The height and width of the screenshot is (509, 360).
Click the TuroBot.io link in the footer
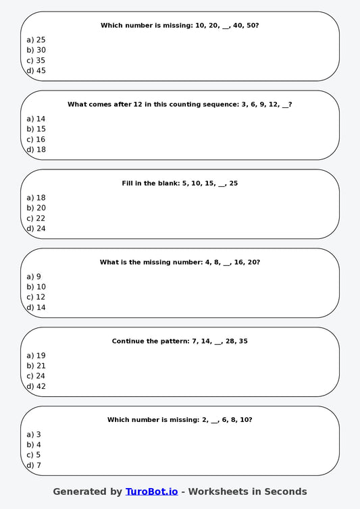click(x=151, y=491)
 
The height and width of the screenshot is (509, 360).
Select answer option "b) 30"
click(x=36, y=50)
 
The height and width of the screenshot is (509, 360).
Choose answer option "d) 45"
click(x=36, y=70)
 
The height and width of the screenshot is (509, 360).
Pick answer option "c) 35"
click(x=36, y=60)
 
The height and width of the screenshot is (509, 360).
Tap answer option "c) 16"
click(x=36, y=139)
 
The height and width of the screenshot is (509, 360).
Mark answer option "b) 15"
click(x=36, y=129)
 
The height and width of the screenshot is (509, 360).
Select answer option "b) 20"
click(x=36, y=208)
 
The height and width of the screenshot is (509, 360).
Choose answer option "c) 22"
click(x=36, y=218)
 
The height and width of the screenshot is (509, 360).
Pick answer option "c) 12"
click(x=36, y=297)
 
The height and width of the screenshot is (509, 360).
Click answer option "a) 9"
click(x=34, y=277)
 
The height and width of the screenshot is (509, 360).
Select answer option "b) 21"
click(x=36, y=366)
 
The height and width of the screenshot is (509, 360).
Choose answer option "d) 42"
click(x=36, y=386)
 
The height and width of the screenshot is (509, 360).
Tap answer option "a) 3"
click(x=34, y=435)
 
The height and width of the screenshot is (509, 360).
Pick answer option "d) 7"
click(x=34, y=465)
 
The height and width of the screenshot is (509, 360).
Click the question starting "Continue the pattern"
click(x=180, y=341)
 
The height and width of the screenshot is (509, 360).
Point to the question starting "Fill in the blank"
click(x=180, y=183)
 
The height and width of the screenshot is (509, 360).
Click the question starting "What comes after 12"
click(x=180, y=104)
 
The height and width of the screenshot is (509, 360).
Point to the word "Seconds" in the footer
click(x=285, y=491)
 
